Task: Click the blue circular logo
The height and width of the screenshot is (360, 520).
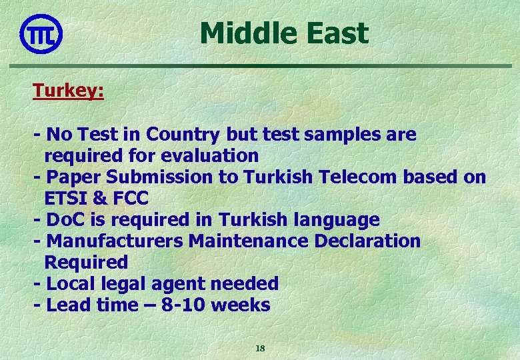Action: click(41, 33)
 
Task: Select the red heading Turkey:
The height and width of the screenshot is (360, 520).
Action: click(69, 91)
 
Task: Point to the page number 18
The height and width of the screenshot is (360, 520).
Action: click(261, 348)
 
